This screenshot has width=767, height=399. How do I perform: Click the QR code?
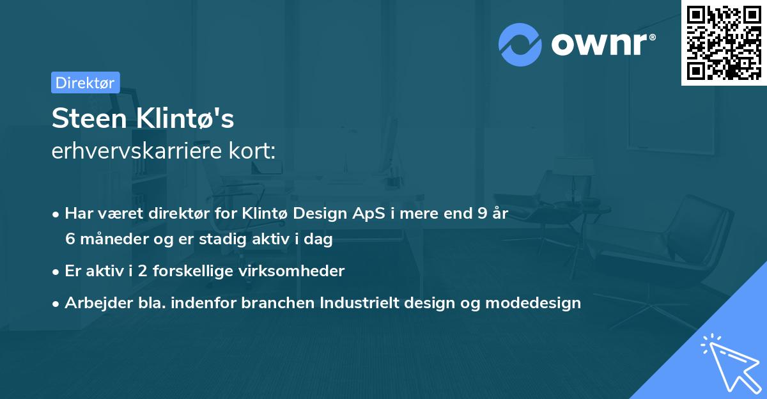[724, 42]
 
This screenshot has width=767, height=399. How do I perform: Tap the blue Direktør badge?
[85, 82]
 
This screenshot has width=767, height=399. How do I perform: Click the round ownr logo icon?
[520, 45]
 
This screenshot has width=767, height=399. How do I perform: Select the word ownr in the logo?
[601, 45]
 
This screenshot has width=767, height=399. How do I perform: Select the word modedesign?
[533, 303]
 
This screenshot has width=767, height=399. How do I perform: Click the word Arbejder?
[95, 303]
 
